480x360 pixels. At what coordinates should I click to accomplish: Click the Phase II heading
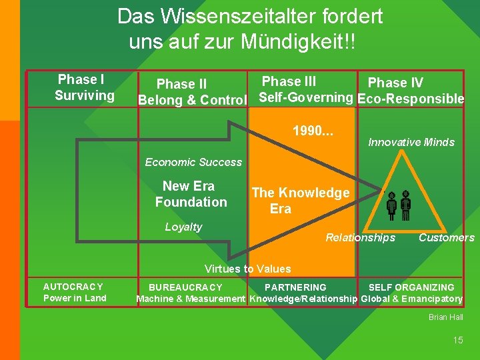[x=181, y=84]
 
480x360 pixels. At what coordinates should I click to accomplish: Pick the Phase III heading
[x=289, y=81]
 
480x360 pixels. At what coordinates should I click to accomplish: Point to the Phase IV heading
[x=395, y=83]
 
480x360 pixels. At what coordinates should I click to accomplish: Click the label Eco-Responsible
[x=411, y=99]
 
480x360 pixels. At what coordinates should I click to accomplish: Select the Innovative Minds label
[x=411, y=142]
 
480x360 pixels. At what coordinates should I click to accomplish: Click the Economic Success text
[x=193, y=162]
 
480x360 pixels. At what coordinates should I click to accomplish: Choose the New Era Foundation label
[x=191, y=194]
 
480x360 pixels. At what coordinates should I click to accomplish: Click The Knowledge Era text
[x=300, y=201]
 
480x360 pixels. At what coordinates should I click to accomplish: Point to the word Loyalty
[x=183, y=227]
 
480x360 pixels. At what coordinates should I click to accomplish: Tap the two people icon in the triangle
[x=399, y=205]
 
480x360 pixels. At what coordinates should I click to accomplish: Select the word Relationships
[x=360, y=237]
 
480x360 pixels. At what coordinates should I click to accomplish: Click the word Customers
[x=447, y=237]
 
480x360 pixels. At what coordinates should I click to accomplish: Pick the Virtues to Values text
[x=247, y=269]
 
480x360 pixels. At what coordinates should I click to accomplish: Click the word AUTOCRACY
[x=73, y=287]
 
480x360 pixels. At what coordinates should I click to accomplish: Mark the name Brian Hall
[x=446, y=317]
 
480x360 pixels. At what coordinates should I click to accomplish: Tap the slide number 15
[x=457, y=340]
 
